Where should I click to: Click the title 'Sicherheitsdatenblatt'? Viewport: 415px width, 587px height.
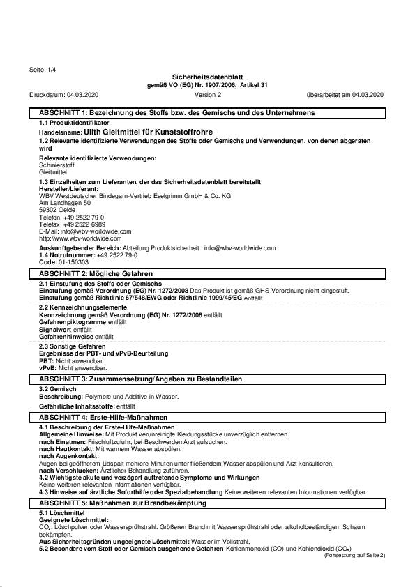(207, 77)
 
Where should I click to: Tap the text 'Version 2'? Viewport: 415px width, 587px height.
(208, 94)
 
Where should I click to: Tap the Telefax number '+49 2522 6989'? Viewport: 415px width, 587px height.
(84, 224)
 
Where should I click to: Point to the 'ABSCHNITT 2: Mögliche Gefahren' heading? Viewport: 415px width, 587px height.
(96, 274)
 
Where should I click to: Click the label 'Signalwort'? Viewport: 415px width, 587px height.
(55, 329)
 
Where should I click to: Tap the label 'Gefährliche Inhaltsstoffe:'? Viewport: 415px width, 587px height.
(77, 406)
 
